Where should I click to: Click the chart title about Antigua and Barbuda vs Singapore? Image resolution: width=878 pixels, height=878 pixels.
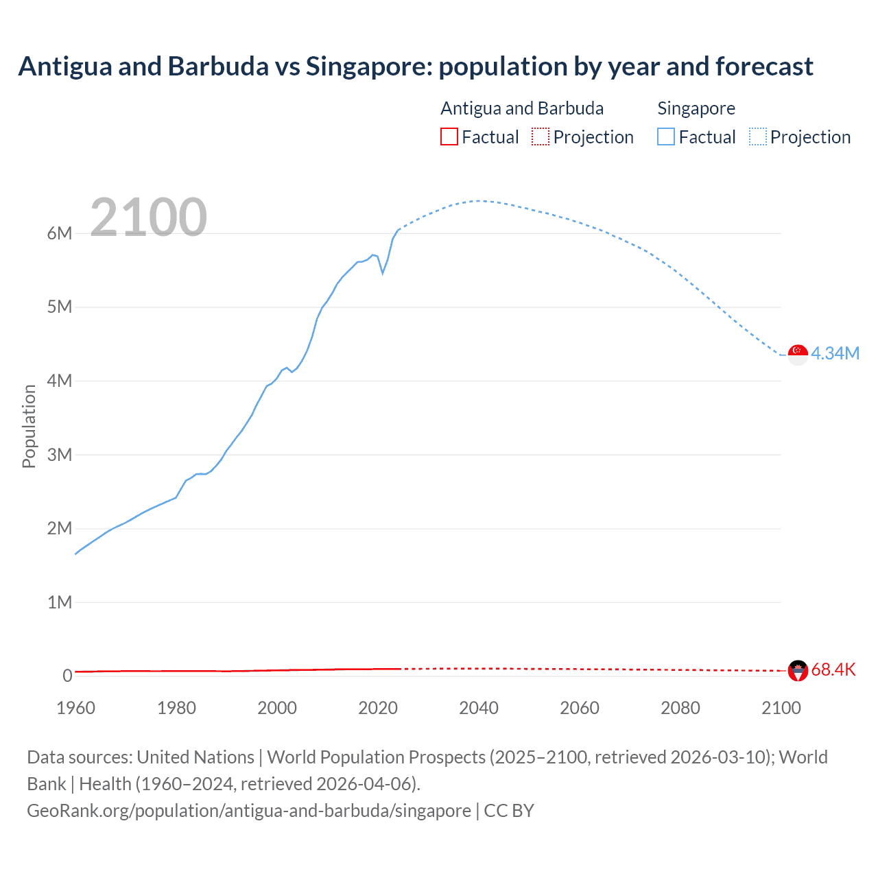pyautogui.click(x=416, y=67)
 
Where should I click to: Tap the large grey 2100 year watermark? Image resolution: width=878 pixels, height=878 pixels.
pyautogui.click(x=148, y=217)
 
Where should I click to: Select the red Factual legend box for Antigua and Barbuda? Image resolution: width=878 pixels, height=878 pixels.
pyautogui.click(x=449, y=137)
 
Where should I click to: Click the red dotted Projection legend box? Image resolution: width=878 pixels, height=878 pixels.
pyautogui.click(x=541, y=137)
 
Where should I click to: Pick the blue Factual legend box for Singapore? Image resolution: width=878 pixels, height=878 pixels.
pyautogui.click(x=665, y=137)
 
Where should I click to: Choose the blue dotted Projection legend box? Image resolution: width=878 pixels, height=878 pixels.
pyautogui.click(x=757, y=137)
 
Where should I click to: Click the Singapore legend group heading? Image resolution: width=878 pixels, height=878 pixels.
pyautogui.click(x=696, y=108)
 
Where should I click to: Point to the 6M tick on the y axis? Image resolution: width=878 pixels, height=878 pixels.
pyautogui.click(x=60, y=233)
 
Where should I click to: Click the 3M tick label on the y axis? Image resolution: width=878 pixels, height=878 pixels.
pyautogui.click(x=60, y=455)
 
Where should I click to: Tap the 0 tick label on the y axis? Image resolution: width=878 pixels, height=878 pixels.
pyautogui.click(x=67, y=676)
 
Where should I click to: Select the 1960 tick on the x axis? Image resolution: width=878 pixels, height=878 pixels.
pyautogui.click(x=75, y=708)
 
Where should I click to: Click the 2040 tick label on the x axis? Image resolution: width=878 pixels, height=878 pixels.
pyautogui.click(x=479, y=708)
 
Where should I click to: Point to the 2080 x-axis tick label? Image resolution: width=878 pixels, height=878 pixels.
pyautogui.click(x=680, y=708)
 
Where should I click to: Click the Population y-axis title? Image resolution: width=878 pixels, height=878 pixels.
pyautogui.click(x=29, y=426)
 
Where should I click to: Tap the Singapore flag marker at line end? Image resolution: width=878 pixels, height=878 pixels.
pyautogui.click(x=798, y=355)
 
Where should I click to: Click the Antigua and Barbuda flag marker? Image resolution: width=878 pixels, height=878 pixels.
pyautogui.click(x=798, y=670)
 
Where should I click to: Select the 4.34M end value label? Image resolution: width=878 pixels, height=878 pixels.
pyautogui.click(x=835, y=353)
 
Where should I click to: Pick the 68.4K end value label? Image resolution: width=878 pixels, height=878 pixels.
pyautogui.click(x=833, y=669)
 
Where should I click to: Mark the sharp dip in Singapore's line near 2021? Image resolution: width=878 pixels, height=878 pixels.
pyautogui.click(x=383, y=273)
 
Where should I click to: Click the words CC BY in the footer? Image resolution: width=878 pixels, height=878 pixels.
pyautogui.click(x=509, y=811)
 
